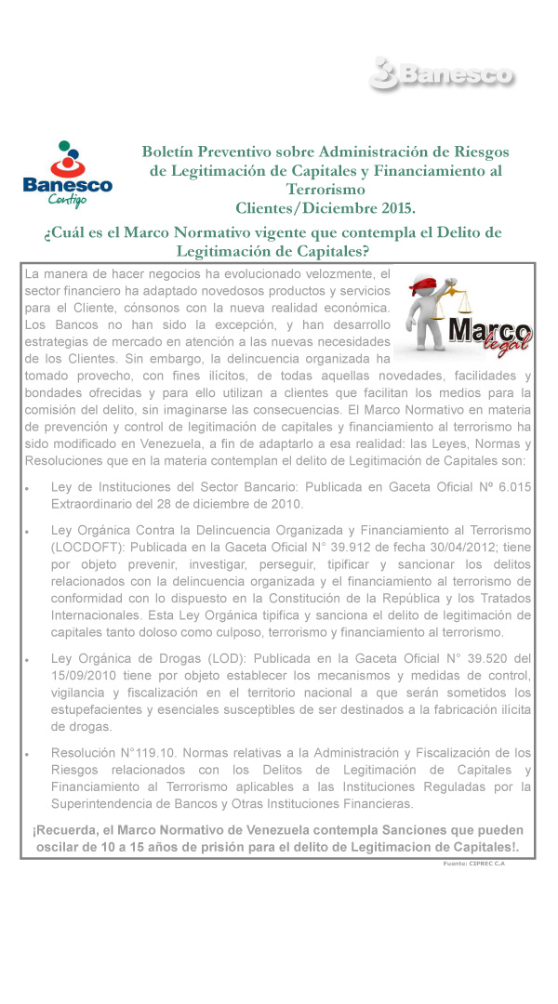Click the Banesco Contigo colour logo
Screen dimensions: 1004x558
click(x=67, y=175)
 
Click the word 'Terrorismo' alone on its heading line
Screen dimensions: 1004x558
click(x=325, y=188)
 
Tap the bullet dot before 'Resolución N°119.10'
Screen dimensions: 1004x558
click(x=31, y=755)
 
